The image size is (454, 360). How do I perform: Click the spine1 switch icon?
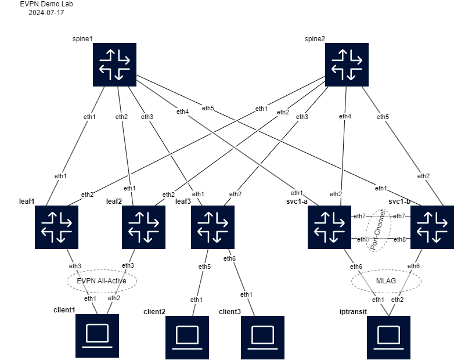point(114,64)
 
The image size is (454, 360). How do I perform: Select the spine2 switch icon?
point(347,64)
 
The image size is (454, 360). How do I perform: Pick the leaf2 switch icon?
point(143,228)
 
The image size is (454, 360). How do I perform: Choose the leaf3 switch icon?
point(212,228)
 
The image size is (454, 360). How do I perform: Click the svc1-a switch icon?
point(330,228)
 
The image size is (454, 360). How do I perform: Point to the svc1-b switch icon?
point(432,228)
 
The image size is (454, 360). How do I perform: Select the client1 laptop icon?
point(97,336)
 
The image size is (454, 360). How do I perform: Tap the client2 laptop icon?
point(187,337)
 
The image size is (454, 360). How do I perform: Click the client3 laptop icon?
point(262,337)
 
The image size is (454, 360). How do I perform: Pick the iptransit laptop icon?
point(388,337)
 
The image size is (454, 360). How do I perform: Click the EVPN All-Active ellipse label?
point(102,281)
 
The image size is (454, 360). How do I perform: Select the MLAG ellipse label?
point(387,281)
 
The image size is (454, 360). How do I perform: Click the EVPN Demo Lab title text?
point(46,4)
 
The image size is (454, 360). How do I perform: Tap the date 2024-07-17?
point(46,12)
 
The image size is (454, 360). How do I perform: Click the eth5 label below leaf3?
point(205,267)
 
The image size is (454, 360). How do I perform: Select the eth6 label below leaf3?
point(230,258)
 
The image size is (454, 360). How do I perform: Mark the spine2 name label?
point(315,39)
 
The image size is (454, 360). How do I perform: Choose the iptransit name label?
point(353,312)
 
